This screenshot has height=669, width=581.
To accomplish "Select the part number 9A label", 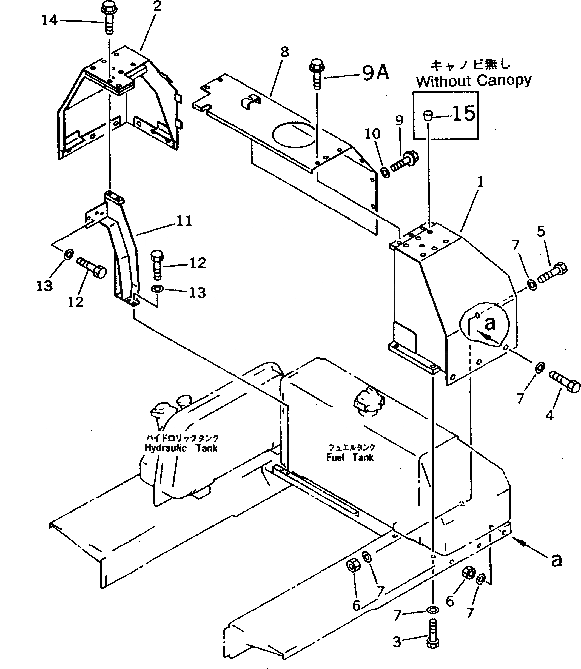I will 375,73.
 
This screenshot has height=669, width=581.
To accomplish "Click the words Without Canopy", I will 474,81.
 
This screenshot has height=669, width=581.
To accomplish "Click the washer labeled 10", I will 386,172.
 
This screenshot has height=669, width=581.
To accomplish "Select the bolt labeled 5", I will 552,273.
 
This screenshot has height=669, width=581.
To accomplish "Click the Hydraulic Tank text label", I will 181,448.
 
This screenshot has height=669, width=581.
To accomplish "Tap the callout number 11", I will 184,221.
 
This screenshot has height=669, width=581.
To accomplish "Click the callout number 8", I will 284,52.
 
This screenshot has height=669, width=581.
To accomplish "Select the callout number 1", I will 480,182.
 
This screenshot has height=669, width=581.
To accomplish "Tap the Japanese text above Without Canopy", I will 470,65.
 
